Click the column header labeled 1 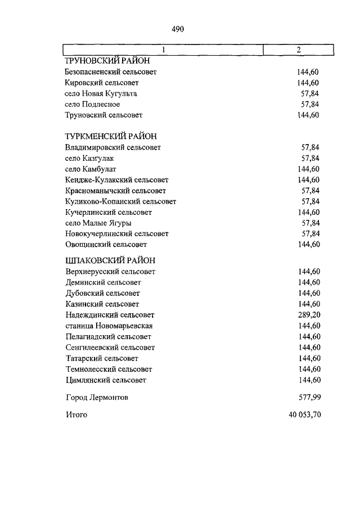click(163, 50)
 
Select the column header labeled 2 click(299, 50)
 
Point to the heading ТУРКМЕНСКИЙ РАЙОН click(111, 136)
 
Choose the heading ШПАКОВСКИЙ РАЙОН click(110, 260)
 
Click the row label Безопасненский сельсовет click(111, 72)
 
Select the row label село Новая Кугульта click(101, 93)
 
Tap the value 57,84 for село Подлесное click(310, 105)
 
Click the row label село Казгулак click(89, 158)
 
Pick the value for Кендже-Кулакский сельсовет click(309, 180)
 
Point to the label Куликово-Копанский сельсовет click(120, 201)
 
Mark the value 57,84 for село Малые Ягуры click(310, 223)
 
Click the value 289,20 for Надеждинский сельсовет click(309, 315)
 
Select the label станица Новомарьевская click(109, 326)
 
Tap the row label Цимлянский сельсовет click(106, 380)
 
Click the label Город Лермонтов click(97, 398)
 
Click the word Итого click(76, 415)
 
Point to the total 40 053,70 click(304, 415)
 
